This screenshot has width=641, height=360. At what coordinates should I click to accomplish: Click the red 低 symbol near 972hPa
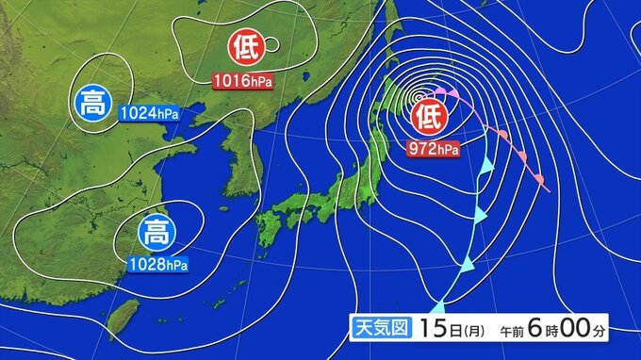(x=428, y=117)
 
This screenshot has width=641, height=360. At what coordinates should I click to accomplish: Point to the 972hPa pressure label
(x=434, y=148)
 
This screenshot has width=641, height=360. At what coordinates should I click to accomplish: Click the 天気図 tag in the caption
(x=379, y=329)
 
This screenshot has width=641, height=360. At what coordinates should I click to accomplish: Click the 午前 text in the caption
(x=509, y=331)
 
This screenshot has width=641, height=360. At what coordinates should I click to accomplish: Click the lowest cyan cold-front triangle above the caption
(x=439, y=305)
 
